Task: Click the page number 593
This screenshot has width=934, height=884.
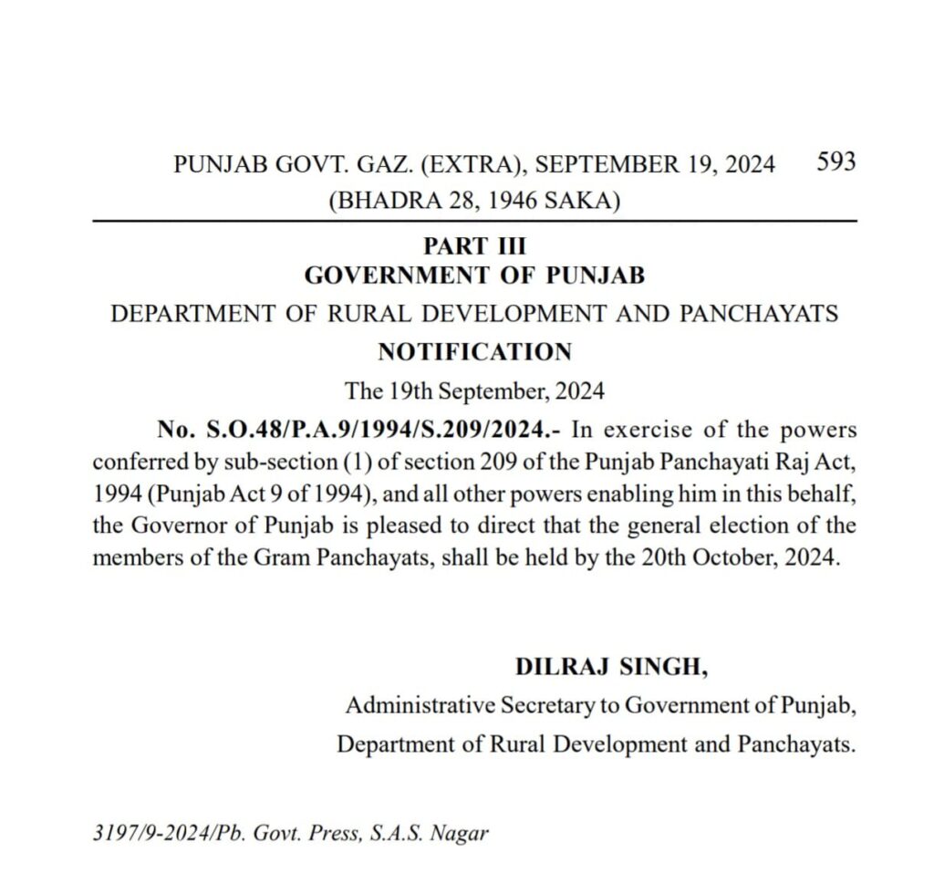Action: [835, 162]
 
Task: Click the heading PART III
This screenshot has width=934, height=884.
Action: [474, 246]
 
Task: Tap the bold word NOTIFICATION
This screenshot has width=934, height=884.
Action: [474, 351]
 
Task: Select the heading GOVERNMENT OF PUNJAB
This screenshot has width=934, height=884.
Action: [474, 275]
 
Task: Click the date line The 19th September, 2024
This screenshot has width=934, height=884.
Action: [474, 391]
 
